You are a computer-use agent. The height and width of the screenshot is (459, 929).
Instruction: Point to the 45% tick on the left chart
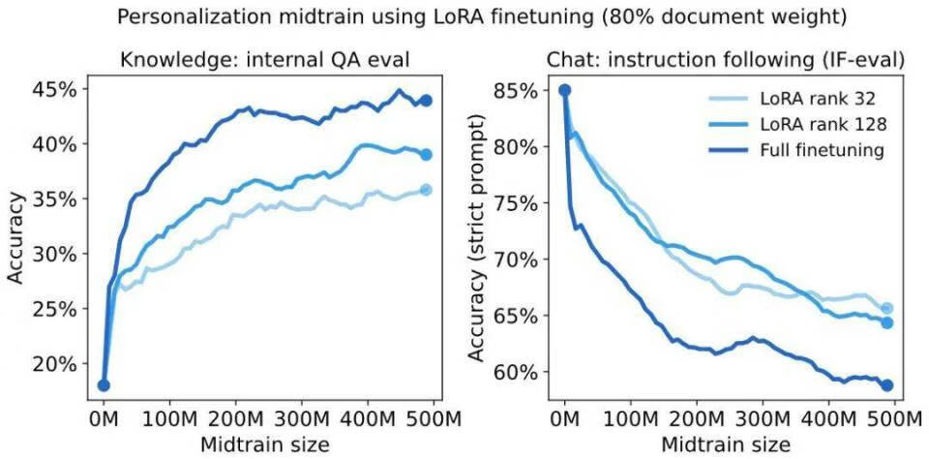pos(58,89)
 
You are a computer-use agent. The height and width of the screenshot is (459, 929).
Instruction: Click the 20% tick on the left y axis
pos(58,364)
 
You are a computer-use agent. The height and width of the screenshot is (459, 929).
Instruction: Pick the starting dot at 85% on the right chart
pos(565,91)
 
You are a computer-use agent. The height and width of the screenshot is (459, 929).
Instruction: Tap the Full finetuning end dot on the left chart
pos(426,101)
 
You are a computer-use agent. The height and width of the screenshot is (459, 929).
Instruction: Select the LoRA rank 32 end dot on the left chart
pos(426,190)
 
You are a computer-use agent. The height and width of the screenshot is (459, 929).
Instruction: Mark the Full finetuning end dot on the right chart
pos(886,385)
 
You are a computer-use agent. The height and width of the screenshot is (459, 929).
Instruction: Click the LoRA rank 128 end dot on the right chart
pos(886,322)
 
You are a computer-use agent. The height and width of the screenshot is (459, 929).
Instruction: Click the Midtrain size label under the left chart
pos(266,444)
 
